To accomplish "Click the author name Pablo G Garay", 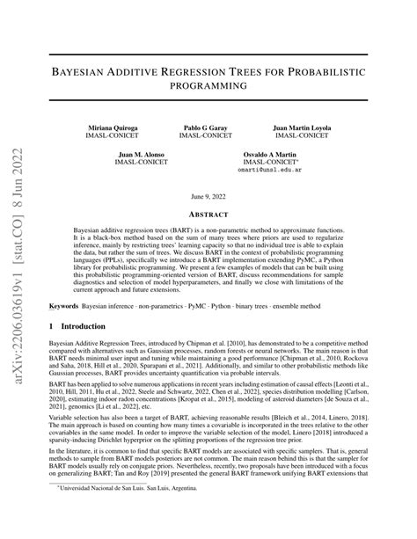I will (x=205, y=127).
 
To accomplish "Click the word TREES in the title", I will (x=276, y=70).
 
